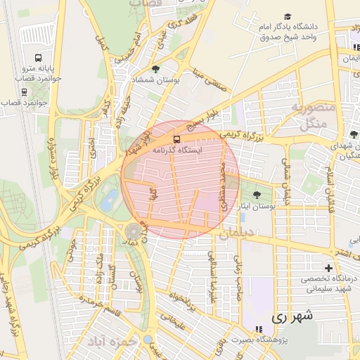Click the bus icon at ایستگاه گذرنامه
pyautogui.click(x=176, y=139)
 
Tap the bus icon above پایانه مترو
pyautogui.click(x=38, y=58)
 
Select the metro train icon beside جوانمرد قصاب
pyautogui.click(x=25, y=92)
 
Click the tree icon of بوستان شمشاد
pyautogui.click(x=155, y=69)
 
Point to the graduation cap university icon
pyautogui.click(x=287, y=16)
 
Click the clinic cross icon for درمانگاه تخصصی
pyautogui.click(x=328, y=268)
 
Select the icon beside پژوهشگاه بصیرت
pyautogui.click(x=259, y=328)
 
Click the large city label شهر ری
pyautogui.click(x=291, y=317)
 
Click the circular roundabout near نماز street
pyautogui.click(x=133, y=232)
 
